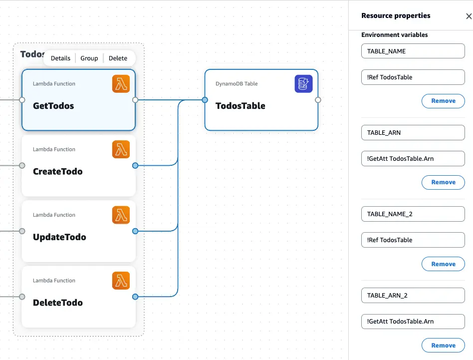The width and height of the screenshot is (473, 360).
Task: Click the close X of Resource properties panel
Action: pos(469,16)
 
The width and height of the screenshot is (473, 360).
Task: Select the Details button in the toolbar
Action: pos(60,58)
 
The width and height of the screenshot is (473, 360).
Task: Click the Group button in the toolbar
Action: pos(89,58)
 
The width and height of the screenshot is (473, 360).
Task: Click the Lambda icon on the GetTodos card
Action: pos(121,84)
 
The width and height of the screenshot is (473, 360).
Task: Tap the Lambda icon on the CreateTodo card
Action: pos(121,149)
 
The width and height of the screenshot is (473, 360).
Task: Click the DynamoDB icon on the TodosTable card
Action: pos(303,84)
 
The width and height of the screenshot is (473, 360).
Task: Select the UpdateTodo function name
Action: pos(59,237)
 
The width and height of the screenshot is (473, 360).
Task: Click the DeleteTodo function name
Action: pos(58,303)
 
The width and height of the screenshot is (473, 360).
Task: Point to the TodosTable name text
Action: pos(240,106)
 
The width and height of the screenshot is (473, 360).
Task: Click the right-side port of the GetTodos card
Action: pos(135,100)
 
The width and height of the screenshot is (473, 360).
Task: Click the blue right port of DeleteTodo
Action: pos(135,297)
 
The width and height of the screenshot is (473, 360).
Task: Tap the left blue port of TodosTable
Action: pos(205,100)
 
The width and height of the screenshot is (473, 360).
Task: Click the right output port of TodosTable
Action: pos(318,100)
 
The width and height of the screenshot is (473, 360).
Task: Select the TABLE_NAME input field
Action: pos(413,51)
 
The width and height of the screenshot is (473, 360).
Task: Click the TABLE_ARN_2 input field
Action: pos(413,295)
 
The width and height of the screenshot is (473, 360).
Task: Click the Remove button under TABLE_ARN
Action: pos(443,182)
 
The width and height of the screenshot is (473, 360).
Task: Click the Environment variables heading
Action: pos(394,35)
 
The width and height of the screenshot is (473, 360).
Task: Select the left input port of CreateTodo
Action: pos(22,165)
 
